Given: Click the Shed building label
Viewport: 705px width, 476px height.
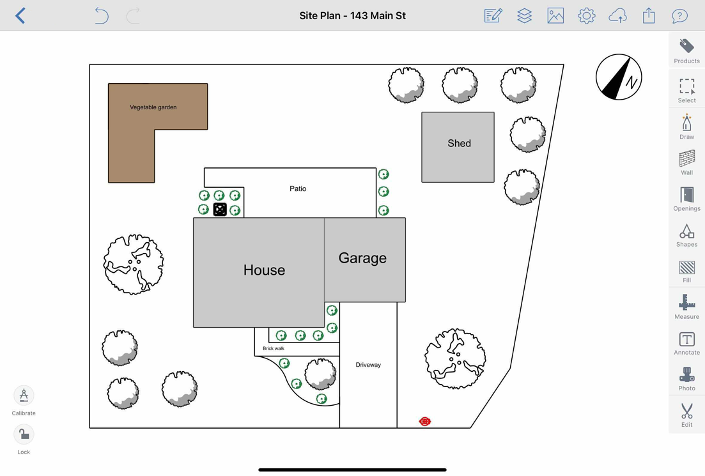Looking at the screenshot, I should pyautogui.click(x=459, y=144).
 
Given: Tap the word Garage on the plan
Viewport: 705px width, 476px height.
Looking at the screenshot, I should pyautogui.click(x=362, y=258).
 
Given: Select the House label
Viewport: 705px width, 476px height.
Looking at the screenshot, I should pyautogui.click(x=264, y=270).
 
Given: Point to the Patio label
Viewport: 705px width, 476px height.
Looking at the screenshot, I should pyautogui.click(x=298, y=189).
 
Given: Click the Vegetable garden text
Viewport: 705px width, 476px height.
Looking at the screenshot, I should pyautogui.click(x=153, y=107).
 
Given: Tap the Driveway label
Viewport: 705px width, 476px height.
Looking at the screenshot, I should pyautogui.click(x=368, y=365).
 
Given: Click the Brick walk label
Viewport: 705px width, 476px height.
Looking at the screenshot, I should pyautogui.click(x=274, y=349).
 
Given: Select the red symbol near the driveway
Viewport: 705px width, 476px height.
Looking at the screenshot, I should pyautogui.click(x=425, y=422).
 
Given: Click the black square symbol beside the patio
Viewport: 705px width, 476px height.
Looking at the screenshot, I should pyautogui.click(x=220, y=210).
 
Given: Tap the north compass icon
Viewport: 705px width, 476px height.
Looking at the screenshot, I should pyautogui.click(x=619, y=77).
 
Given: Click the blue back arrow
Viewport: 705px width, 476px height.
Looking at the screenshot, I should pyautogui.click(x=20, y=15).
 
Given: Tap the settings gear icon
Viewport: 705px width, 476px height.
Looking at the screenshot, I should pyautogui.click(x=586, y=15).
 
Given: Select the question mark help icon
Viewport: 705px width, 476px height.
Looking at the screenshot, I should pyautogui.click(x=679, y=15).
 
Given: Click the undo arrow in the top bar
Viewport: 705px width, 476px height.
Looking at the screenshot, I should pyautogui.click(x=101, y=15).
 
